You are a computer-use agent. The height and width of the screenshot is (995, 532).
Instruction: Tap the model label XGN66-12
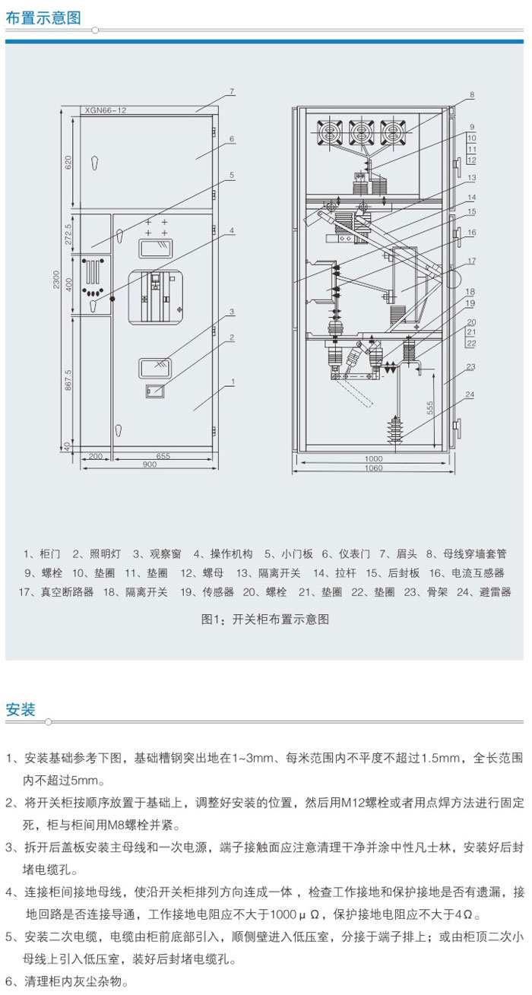tap(106, 110)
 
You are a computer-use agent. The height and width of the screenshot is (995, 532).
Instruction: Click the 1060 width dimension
tap(372, 467)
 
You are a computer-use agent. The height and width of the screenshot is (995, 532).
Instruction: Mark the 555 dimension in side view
tap(430, 407)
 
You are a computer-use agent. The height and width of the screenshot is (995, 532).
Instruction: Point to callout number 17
tap(471, 261)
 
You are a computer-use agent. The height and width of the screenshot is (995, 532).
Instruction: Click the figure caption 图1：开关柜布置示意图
tap(265, 619)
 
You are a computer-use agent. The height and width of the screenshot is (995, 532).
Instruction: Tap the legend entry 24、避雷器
tap(483, 592)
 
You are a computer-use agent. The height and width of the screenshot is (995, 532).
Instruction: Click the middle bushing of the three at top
tap(360, 133)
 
